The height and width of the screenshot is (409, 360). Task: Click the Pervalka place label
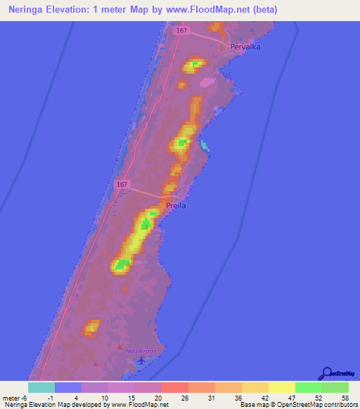point(247,48)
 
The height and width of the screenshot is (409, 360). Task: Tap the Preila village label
point(176,206)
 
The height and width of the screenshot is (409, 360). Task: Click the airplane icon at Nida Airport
point(142,360)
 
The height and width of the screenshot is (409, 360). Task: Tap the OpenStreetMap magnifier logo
point(326,373)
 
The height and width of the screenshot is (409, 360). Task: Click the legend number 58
point(344,398)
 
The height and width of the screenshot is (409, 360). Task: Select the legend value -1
point(49,398)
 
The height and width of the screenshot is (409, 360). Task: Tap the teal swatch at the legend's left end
point(41,387)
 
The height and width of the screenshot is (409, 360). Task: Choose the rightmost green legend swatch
point(335,387)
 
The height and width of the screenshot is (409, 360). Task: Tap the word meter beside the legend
point(12,398)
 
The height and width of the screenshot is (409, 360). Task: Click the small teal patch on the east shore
point(205,146)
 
